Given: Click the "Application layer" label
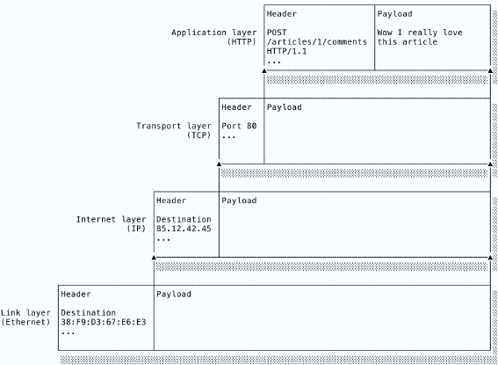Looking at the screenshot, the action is [214, 33].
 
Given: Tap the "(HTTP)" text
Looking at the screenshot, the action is [242, 41].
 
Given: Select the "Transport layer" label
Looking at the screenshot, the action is [174, 126].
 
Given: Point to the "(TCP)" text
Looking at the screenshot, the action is [198, 135].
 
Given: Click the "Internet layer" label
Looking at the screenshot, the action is [112, 219].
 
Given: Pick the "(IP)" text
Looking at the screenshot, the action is [136, 229].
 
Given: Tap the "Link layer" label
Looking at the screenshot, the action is [25, 313].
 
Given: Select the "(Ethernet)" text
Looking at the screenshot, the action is [25, 322].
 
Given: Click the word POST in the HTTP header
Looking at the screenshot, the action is [277, 33].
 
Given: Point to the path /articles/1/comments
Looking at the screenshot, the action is [317, 41].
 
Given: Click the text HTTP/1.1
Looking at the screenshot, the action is [287, 51].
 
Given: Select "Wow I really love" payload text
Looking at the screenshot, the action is [420, 33].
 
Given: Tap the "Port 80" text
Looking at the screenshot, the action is [239, 126].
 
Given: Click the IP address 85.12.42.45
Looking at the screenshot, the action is [184, 229].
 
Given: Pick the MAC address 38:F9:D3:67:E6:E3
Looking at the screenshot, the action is [104, 322].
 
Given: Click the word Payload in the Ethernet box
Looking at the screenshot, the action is [174, 294].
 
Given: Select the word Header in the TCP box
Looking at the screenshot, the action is [236, 107].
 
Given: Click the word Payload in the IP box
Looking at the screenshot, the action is [239, 201].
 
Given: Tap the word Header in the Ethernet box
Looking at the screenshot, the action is [76, 294].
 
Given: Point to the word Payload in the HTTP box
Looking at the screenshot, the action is [394, 14].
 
